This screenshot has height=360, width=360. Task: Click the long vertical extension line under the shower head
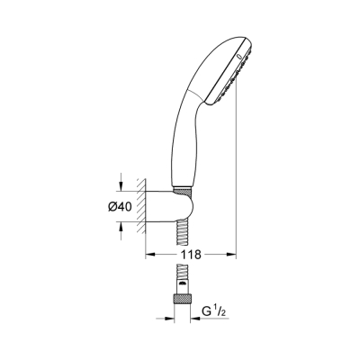238,180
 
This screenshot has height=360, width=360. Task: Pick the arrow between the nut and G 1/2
197,317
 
